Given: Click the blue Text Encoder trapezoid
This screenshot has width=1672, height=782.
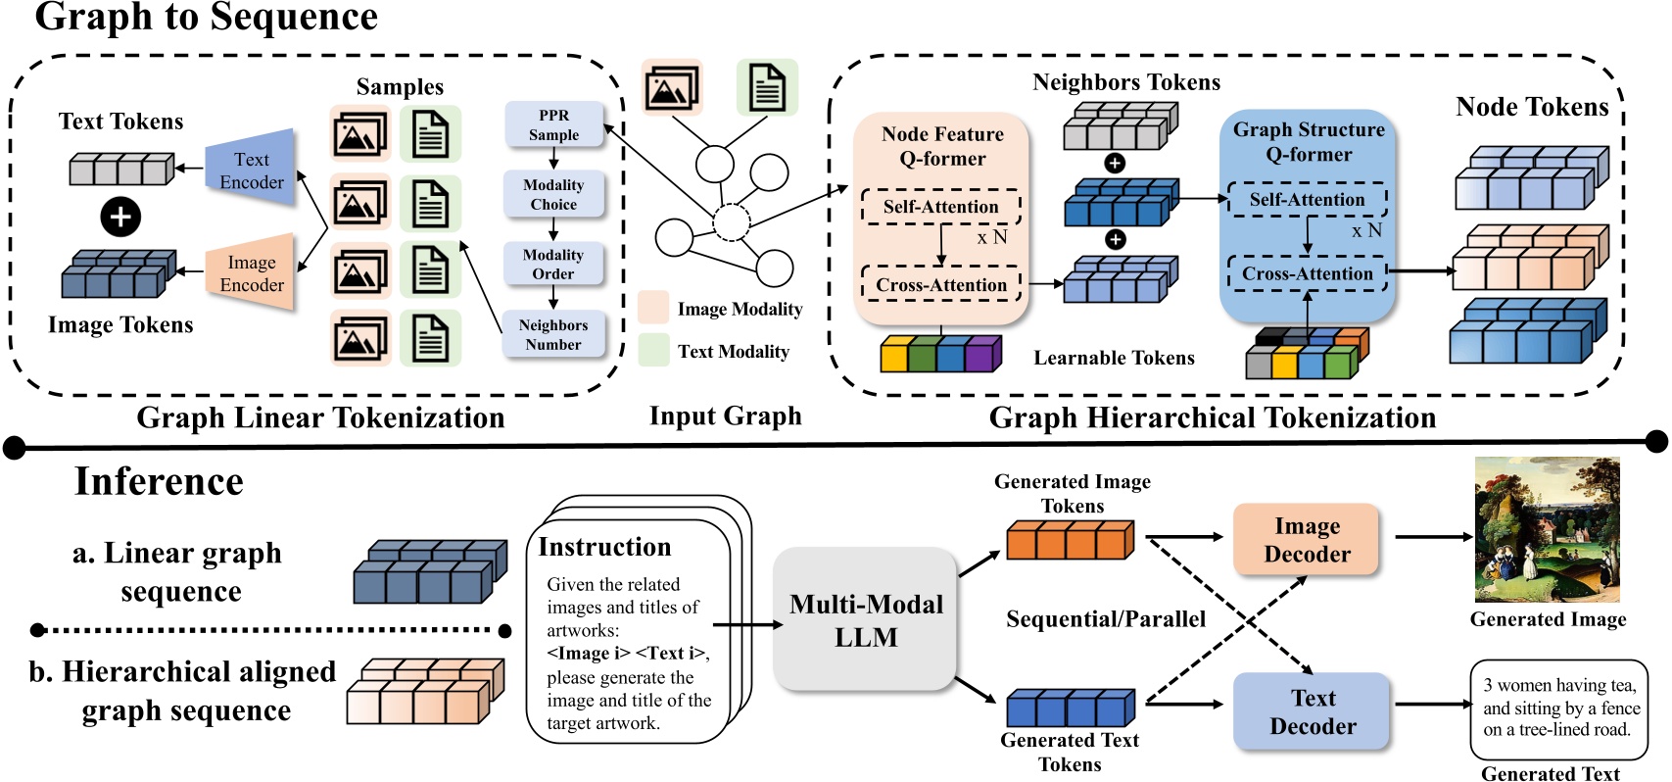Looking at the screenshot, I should click(251, 170).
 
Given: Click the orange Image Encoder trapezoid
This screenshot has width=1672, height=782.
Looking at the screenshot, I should click(252, 273).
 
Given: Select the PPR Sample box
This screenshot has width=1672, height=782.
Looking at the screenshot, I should click(554, 125).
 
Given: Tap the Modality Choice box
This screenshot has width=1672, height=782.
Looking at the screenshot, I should click(553, 194).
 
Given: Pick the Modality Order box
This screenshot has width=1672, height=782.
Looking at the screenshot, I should click(553, 265).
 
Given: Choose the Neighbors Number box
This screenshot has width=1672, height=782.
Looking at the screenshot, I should click(553, 334).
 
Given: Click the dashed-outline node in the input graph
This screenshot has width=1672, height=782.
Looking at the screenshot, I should click(731, 222).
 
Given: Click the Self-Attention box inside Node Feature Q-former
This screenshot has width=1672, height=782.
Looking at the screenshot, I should click(940, 207).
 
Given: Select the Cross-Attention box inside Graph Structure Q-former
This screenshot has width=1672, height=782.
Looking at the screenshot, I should click(1307, 273).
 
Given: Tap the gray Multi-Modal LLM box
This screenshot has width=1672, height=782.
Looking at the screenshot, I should click(866, 620).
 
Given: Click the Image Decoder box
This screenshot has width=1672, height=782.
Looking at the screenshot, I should click(1307, 540).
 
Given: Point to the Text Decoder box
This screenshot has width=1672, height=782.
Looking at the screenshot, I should click(1312, 712).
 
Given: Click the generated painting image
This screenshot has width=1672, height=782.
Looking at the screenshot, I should click(1547, 530).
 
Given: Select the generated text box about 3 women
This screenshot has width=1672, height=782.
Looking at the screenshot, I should click(1559, 709).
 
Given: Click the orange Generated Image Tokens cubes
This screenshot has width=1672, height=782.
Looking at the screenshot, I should click(1071, 541).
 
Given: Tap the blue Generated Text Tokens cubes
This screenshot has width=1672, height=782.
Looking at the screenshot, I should click(1071, 708).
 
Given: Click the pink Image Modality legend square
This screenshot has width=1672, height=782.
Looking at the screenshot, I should click(653, 307).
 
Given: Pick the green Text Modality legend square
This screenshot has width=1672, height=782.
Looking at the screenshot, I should click(653, 350).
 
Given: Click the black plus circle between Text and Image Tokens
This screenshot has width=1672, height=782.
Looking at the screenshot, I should click(120, 217).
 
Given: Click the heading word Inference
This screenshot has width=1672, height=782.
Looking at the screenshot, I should click(159, 481).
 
